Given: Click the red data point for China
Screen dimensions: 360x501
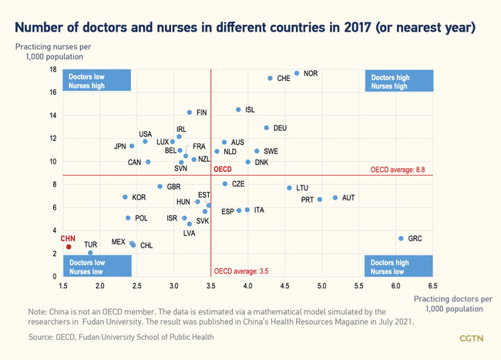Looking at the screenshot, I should (x=69, y=247).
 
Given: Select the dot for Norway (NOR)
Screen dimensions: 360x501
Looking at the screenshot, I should (x=297, y=73).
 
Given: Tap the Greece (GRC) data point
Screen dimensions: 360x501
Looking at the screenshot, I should (x=401, y=238).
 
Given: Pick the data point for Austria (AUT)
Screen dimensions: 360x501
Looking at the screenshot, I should (x=335, y=198).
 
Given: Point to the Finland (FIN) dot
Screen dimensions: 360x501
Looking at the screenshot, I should (x=190, y=113).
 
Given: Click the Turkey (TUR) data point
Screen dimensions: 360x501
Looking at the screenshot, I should (x=90, y=253).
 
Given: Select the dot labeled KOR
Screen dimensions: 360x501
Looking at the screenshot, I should (x=126, y=197).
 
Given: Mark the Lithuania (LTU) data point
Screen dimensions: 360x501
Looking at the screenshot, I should (x=290, y=187).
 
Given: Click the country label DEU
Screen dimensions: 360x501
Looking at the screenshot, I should (x=280, y=128).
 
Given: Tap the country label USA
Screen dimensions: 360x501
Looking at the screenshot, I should (x=145, y=134).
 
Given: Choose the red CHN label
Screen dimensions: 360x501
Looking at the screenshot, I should (x=68, y=238).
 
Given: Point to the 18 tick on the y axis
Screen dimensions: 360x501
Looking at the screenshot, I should (x=53, y=69).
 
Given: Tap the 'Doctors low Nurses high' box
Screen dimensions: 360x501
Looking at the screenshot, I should (x=86, y=82).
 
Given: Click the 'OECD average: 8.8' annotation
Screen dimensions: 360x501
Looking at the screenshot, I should (x=398, y=169).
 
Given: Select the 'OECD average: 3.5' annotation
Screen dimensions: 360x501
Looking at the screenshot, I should (x=241, y=271).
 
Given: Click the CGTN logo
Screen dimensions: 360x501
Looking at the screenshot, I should (x=471, y=338).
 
